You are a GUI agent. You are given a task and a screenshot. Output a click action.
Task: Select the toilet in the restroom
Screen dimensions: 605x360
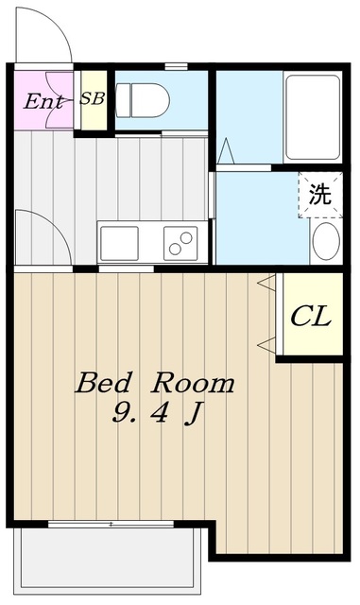142,99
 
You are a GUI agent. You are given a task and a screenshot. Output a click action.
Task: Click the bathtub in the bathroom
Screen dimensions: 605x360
311,117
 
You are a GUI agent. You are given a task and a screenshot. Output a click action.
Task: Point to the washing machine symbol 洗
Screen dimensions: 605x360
320,196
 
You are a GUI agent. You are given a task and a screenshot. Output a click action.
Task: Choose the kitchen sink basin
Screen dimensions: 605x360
119,243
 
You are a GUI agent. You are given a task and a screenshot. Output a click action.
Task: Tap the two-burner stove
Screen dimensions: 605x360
180,243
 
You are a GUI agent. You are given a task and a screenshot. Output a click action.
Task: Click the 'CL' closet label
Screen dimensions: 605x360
310,316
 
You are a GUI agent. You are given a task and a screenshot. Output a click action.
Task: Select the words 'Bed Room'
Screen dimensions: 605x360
154,383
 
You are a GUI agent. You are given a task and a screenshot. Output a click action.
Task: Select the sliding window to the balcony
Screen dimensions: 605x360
111,523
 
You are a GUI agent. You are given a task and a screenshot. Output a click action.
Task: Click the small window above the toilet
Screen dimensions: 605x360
174,66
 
